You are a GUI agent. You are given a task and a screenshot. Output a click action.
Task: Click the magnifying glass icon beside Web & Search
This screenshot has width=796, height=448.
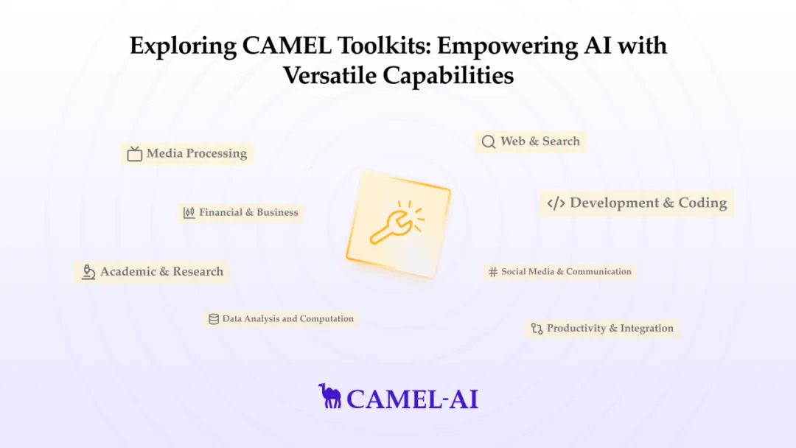489,141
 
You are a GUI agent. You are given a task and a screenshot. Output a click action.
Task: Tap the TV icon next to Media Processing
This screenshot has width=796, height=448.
135,154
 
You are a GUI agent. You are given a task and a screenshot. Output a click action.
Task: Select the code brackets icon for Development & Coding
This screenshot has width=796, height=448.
556,203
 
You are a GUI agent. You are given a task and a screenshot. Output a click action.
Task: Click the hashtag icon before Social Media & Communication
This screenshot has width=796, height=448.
493,272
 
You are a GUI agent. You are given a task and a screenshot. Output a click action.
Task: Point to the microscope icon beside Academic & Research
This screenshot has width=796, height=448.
88,272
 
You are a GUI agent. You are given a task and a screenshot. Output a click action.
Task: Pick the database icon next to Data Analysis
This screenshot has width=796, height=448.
214,319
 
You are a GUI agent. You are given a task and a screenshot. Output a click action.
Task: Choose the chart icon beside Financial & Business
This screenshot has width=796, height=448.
189,213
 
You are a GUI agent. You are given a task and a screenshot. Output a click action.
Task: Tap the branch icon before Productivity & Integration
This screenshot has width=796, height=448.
537,329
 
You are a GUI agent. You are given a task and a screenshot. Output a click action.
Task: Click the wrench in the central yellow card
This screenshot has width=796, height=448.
392,228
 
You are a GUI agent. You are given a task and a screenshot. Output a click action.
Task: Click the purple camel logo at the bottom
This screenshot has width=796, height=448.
330,396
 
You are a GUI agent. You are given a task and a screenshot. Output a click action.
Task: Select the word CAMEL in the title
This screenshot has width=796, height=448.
287,46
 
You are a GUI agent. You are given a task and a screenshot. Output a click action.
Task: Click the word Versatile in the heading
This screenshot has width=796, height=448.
329,76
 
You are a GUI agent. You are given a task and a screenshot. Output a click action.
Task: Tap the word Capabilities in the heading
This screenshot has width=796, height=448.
448,76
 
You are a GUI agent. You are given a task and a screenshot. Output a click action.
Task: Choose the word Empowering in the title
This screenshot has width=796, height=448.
507,46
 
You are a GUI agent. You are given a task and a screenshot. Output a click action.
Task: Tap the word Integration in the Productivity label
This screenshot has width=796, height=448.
647,329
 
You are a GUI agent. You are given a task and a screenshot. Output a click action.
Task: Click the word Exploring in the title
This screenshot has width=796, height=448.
183,46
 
